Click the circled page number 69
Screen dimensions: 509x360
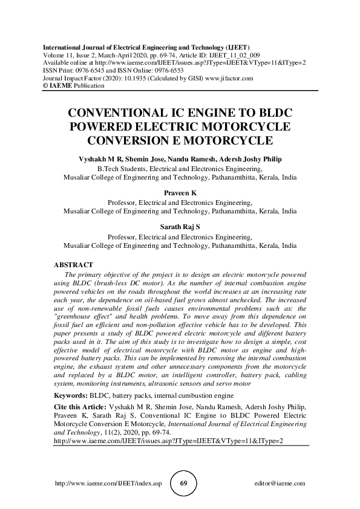point(186,484)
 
